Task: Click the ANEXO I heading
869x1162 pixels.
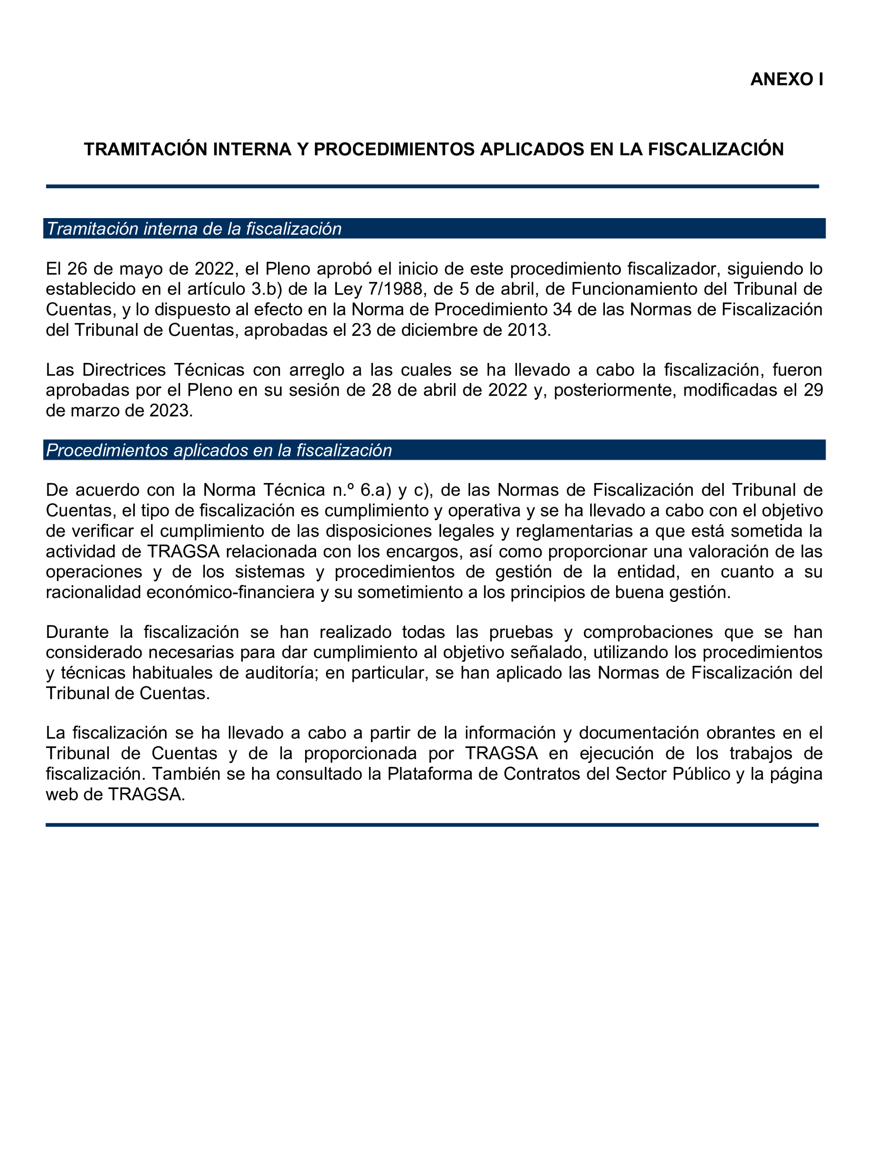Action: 786,80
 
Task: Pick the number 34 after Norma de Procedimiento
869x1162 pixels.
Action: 562,310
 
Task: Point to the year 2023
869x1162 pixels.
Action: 171,411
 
